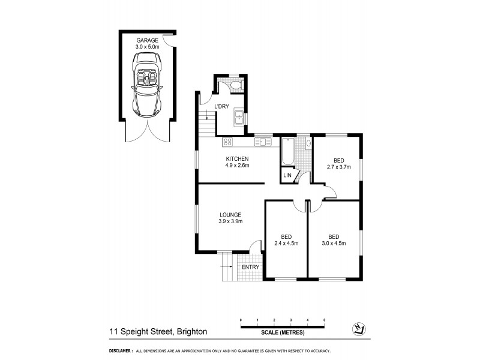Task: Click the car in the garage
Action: (146, 84)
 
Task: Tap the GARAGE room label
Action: (146, 40)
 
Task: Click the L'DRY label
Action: (222, 106)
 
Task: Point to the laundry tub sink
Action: (239, 117)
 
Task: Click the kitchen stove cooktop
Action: (228, 142)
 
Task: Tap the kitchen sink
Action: (262, 142)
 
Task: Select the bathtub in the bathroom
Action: (287, 153)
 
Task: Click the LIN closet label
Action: (287, 176)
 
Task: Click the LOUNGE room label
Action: (230, 214)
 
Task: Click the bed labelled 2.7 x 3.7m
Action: (339, 164)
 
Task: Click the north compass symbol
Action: (358, 328)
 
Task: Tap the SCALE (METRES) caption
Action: (283, 332)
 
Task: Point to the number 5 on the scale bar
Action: (324, 320)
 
